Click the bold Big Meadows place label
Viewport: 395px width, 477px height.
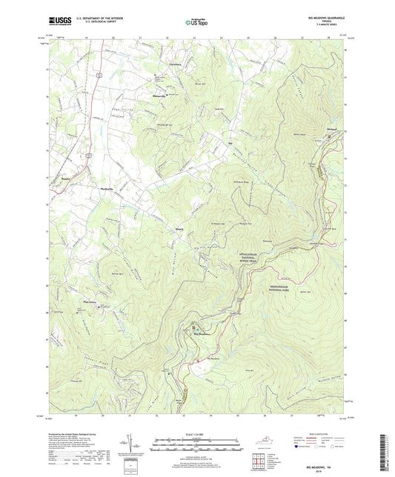point(202,334)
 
